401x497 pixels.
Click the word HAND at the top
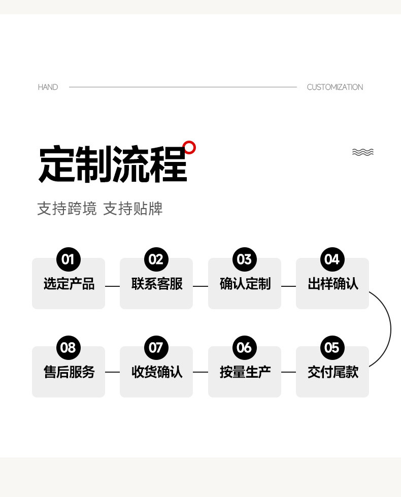click(x=48, y=87)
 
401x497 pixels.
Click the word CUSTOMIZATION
click(x=335, y=87)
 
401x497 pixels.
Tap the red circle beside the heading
click(x=189, y=147)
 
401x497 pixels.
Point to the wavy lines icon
click(x=362, y=152)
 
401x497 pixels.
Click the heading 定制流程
click(x=113, y=164)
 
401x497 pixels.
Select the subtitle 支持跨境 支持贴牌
click(x=99, y=209)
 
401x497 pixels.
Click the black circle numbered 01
click(x=68, y=260)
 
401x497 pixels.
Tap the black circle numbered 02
click(x=156, y=260)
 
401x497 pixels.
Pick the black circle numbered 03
click(x=244, y=260)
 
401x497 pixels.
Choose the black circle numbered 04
click(x=332, y=260)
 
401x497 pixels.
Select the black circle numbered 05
click(x=332, y=348)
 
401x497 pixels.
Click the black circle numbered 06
click(x=244, y=348)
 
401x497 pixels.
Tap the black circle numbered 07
click(x=156, y=348)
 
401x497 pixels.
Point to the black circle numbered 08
click(x=68, y=348)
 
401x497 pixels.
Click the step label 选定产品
click(x=69, y=284)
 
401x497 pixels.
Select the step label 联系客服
click(x=156, y=284)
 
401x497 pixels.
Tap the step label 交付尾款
click(x=332, y=372)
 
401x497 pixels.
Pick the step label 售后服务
click(x=69, y=372)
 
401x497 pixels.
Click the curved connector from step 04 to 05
click(x=390, y=328)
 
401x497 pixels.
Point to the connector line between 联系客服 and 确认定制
click(x=201, y=286)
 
